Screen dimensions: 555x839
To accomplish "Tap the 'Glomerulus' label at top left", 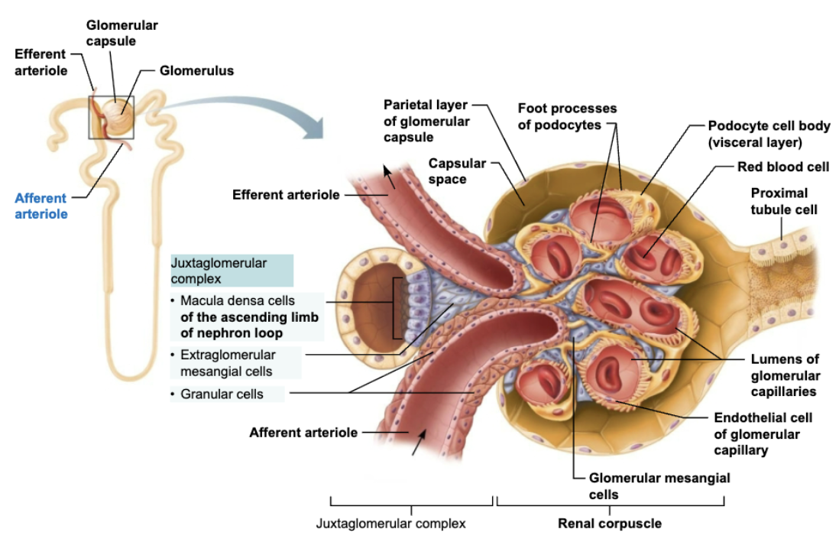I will (x=196, y=71).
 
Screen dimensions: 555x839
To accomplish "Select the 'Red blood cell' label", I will (x=782, y=167).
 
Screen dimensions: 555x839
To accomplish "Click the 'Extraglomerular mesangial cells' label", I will (x=227, y=363).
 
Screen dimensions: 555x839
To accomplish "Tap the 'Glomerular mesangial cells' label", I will (x=659, y=485).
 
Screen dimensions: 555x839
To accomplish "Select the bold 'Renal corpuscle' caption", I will (x=610, y=524).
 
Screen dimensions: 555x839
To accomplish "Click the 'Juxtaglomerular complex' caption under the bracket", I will (x=390, y=524).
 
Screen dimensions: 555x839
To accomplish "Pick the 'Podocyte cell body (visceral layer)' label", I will (x=768, y=134).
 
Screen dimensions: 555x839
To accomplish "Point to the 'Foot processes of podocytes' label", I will (x=566, y=117).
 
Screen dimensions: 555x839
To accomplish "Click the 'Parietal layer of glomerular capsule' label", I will (x=426, y=121).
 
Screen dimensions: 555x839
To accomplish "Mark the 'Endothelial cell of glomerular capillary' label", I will (x=762, y=434).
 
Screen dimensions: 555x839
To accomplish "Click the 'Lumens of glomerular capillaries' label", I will (x=785, y=375).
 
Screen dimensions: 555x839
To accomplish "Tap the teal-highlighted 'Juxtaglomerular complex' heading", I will (x=219, y=271).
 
